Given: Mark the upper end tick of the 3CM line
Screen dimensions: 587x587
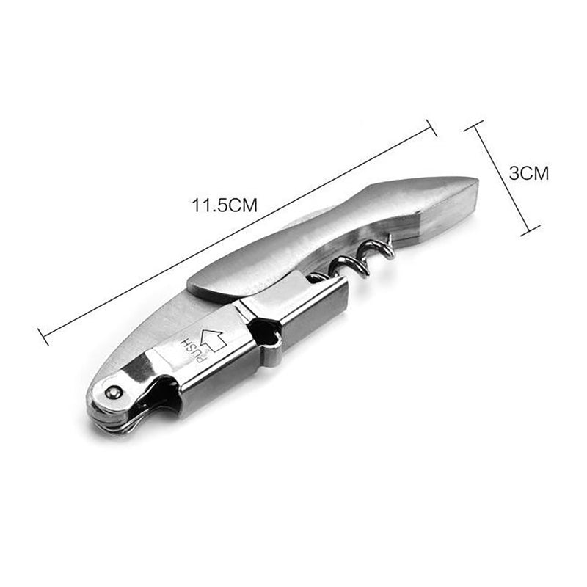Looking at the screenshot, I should click(x=475, y=125).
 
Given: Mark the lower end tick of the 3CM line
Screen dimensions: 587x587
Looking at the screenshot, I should click(x=525, y=233).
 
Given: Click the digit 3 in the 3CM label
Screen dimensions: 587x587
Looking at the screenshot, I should click(x=514, y=173).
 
